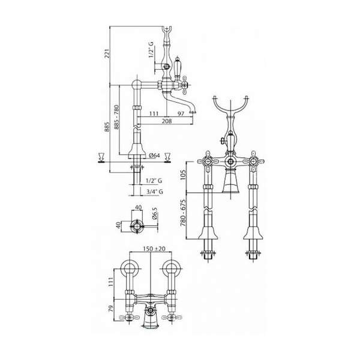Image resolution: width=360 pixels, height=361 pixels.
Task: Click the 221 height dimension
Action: (107, 53)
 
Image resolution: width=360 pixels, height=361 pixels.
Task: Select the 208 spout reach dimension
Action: (167, 121)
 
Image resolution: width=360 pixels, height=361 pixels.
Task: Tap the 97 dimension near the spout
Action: (181, 114)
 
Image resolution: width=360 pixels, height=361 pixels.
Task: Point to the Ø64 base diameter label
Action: (154, 156)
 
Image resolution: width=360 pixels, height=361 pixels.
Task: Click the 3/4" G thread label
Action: (155, 192)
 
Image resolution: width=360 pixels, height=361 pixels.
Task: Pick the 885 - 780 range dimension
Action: (116, 117)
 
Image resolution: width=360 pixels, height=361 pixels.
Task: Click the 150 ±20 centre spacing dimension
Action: (154, 249)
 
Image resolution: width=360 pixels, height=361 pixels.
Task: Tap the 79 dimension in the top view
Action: (111, 309)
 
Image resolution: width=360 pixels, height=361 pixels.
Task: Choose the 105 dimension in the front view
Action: (183, 175)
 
